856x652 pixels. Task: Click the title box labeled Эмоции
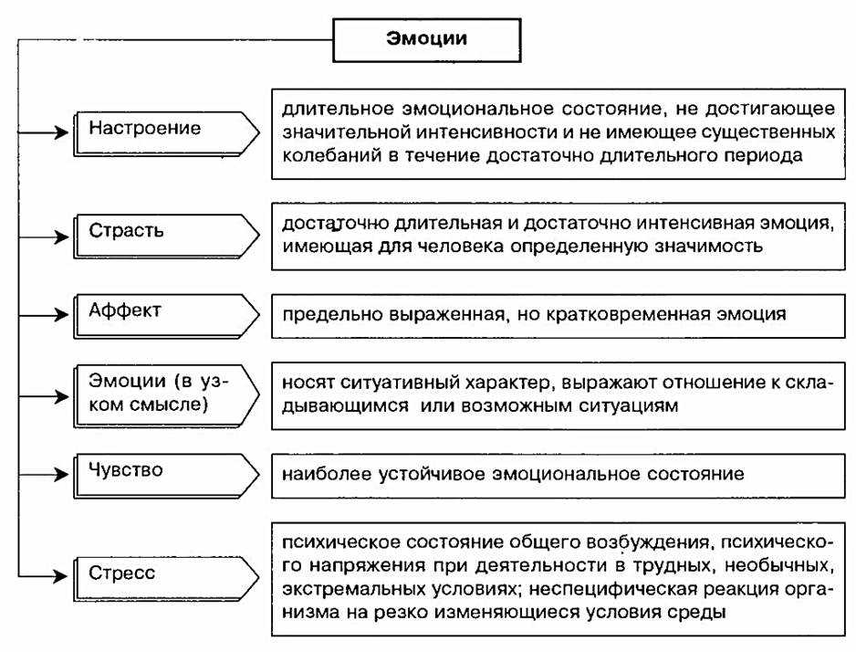(426, 40)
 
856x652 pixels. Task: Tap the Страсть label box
(166, 236)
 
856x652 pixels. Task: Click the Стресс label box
(166, 578)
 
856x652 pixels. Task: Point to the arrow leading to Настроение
(43, 132)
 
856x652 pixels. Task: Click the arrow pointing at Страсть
(43, 237)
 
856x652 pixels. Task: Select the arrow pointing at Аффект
(43, 315)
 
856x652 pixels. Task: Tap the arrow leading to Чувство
(43, 474)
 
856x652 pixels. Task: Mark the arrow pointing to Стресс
(43, 575)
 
